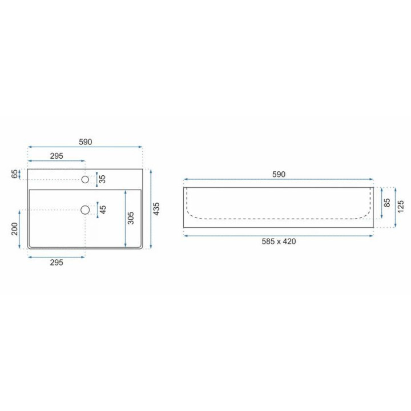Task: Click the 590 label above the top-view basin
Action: pyautogui.click(x=86, y=142)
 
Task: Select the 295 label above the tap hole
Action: pyautogui.click(x=57, y=156)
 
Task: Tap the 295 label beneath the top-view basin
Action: pyautogui.click(x=57, y=263)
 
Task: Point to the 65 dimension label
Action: pyautogui.click(x=15, y=174)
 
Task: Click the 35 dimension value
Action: pyautogui.click(x=103, y=179)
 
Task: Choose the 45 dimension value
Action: pyautogui.click(x=103, y=209)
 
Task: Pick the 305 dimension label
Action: pyautogui.click(x=131, y=218)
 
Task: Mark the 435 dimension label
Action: pyautogui.click(x=156, y=209)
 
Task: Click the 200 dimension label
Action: pyautogui.click(x=15, y=229)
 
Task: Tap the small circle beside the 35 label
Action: pyautogui.click(x=85, y=180)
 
